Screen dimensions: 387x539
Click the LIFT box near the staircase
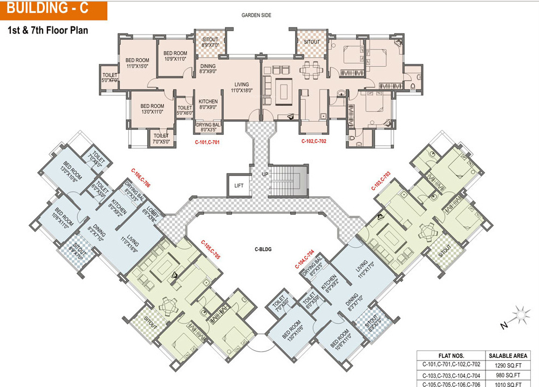239,185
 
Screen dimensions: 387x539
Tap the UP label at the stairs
264,175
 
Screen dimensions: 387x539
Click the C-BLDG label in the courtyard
263,250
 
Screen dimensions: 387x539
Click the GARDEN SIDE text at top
256,15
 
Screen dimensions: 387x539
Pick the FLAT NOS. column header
451,355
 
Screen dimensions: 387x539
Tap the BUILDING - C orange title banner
52,9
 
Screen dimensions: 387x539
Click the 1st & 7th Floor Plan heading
47,30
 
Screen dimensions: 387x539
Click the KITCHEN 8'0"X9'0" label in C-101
208,105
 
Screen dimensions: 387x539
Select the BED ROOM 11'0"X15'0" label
137,63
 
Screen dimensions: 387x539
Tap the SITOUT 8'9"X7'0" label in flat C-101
210,43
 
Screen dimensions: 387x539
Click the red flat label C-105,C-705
210,250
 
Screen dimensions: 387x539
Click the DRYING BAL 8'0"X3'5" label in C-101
208,127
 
